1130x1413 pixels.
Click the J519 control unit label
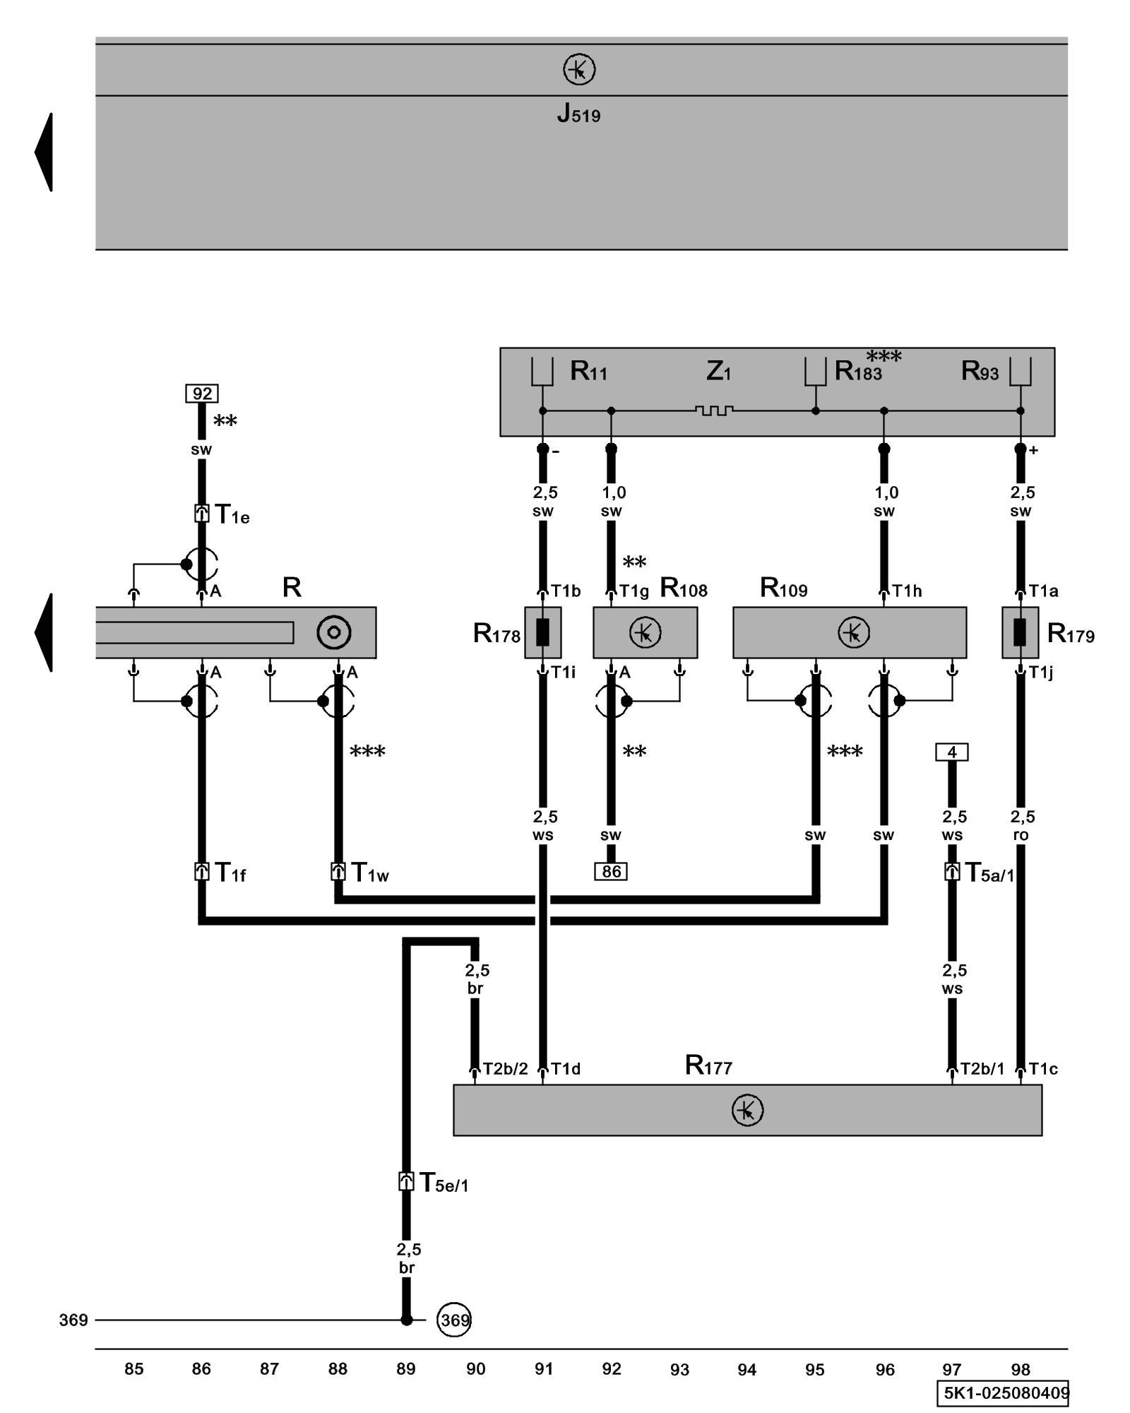click(578, 113)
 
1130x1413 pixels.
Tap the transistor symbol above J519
click(579, 70)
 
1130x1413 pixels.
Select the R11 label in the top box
click(588, 371)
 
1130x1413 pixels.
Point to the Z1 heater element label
click(718, 371)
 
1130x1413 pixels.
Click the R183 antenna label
click(858, 371)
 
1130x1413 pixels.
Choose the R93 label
click(980, 371)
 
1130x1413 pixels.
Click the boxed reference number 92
click(202, 394)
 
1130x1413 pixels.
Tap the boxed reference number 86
click(611, 871)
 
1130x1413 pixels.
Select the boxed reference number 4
click(951, 752)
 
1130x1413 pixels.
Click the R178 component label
click(496, 634)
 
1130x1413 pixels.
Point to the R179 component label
click(1071, 634)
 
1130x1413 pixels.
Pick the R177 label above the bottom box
click(708, 1065)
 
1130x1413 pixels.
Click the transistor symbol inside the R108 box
click(645, 632)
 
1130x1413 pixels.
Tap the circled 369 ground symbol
click(454, 1320)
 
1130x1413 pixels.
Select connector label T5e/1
click(444, 1183)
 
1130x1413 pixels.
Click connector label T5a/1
click(989, 873)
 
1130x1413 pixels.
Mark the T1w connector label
click(369, 873)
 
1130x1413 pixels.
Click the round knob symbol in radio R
click(334, 632)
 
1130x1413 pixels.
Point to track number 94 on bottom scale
click(747, 1370)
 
